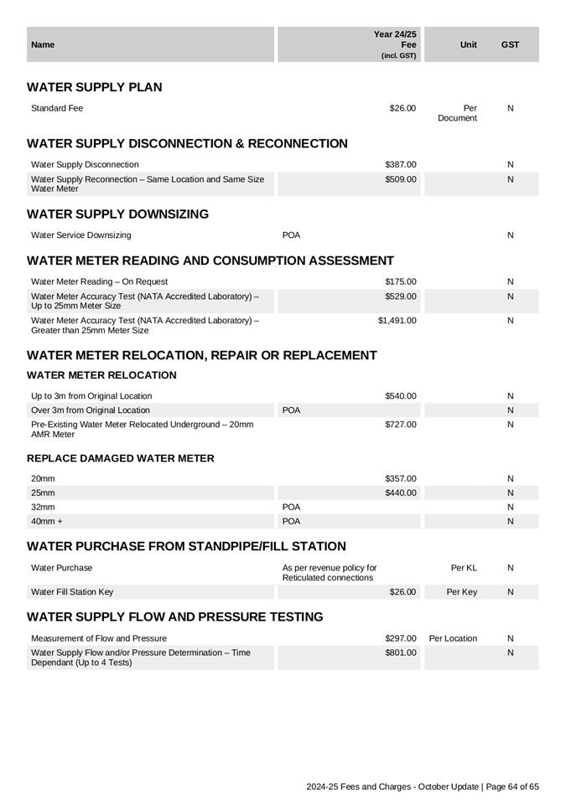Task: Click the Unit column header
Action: [x=469, y=44]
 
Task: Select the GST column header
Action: [x=510, y=44]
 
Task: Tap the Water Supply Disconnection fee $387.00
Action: [x=400, y=164]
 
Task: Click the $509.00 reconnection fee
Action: [x=400, y=179]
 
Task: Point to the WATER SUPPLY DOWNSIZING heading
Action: [x=117, y=214]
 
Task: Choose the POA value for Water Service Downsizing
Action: [x=291, y=235]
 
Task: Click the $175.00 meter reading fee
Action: [x=400, y=281]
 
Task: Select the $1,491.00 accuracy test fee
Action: [x=397, y=320]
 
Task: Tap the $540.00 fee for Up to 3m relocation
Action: [x=400, y=395]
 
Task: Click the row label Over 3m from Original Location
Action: [x=91, y=410]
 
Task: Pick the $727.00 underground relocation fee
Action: [x=400, y=425]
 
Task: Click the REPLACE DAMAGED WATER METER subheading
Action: [x=120, y=458]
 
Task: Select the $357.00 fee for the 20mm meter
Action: [x=400, y=478]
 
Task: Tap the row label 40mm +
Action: [x=47, y=521]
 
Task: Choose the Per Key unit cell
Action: [x=461, y=591]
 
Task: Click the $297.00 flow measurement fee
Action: [x=400, y=638]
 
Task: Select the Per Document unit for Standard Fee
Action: [x=458, y=113]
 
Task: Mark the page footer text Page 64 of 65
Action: [x=511, y=787]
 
